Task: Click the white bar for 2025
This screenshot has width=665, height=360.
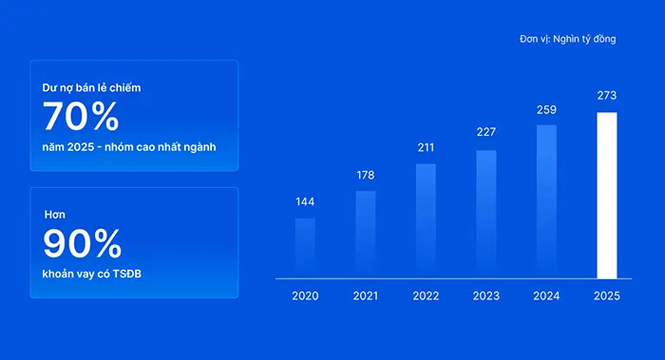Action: (x=607, y=196)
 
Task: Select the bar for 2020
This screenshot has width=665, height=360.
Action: (x=305, y=249)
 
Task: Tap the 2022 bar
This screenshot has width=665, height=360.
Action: (x=426, y=221)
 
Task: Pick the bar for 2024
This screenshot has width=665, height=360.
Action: (x=546, y=201)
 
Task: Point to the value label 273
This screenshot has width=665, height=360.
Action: (x=607, y=95)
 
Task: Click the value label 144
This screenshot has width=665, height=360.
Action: (x=305, y=201)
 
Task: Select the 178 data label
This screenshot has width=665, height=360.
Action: (x=366, y=175)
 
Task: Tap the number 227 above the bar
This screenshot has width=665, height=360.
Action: (x=486, y=132)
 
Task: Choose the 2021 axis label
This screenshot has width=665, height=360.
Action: (x=366, y=296)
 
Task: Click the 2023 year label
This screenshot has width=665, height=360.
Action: (x=486, y=296)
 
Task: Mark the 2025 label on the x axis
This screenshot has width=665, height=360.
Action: (x=607, y=296)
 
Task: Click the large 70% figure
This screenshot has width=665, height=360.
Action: (x=81, y=116)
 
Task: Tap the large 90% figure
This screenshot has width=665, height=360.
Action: (x=83, y=243)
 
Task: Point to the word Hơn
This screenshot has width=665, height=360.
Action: (x=55, y=215)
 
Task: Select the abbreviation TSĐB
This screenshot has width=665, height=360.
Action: (x=126, y=274)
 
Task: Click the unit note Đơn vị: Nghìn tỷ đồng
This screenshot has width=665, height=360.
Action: (x=568, y=39)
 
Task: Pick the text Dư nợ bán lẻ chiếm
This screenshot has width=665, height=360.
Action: (x=91, y=87)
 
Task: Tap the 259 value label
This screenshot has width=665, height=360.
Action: (x=546, y=110)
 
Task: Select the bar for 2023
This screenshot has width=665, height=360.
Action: (x=486, y=215)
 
